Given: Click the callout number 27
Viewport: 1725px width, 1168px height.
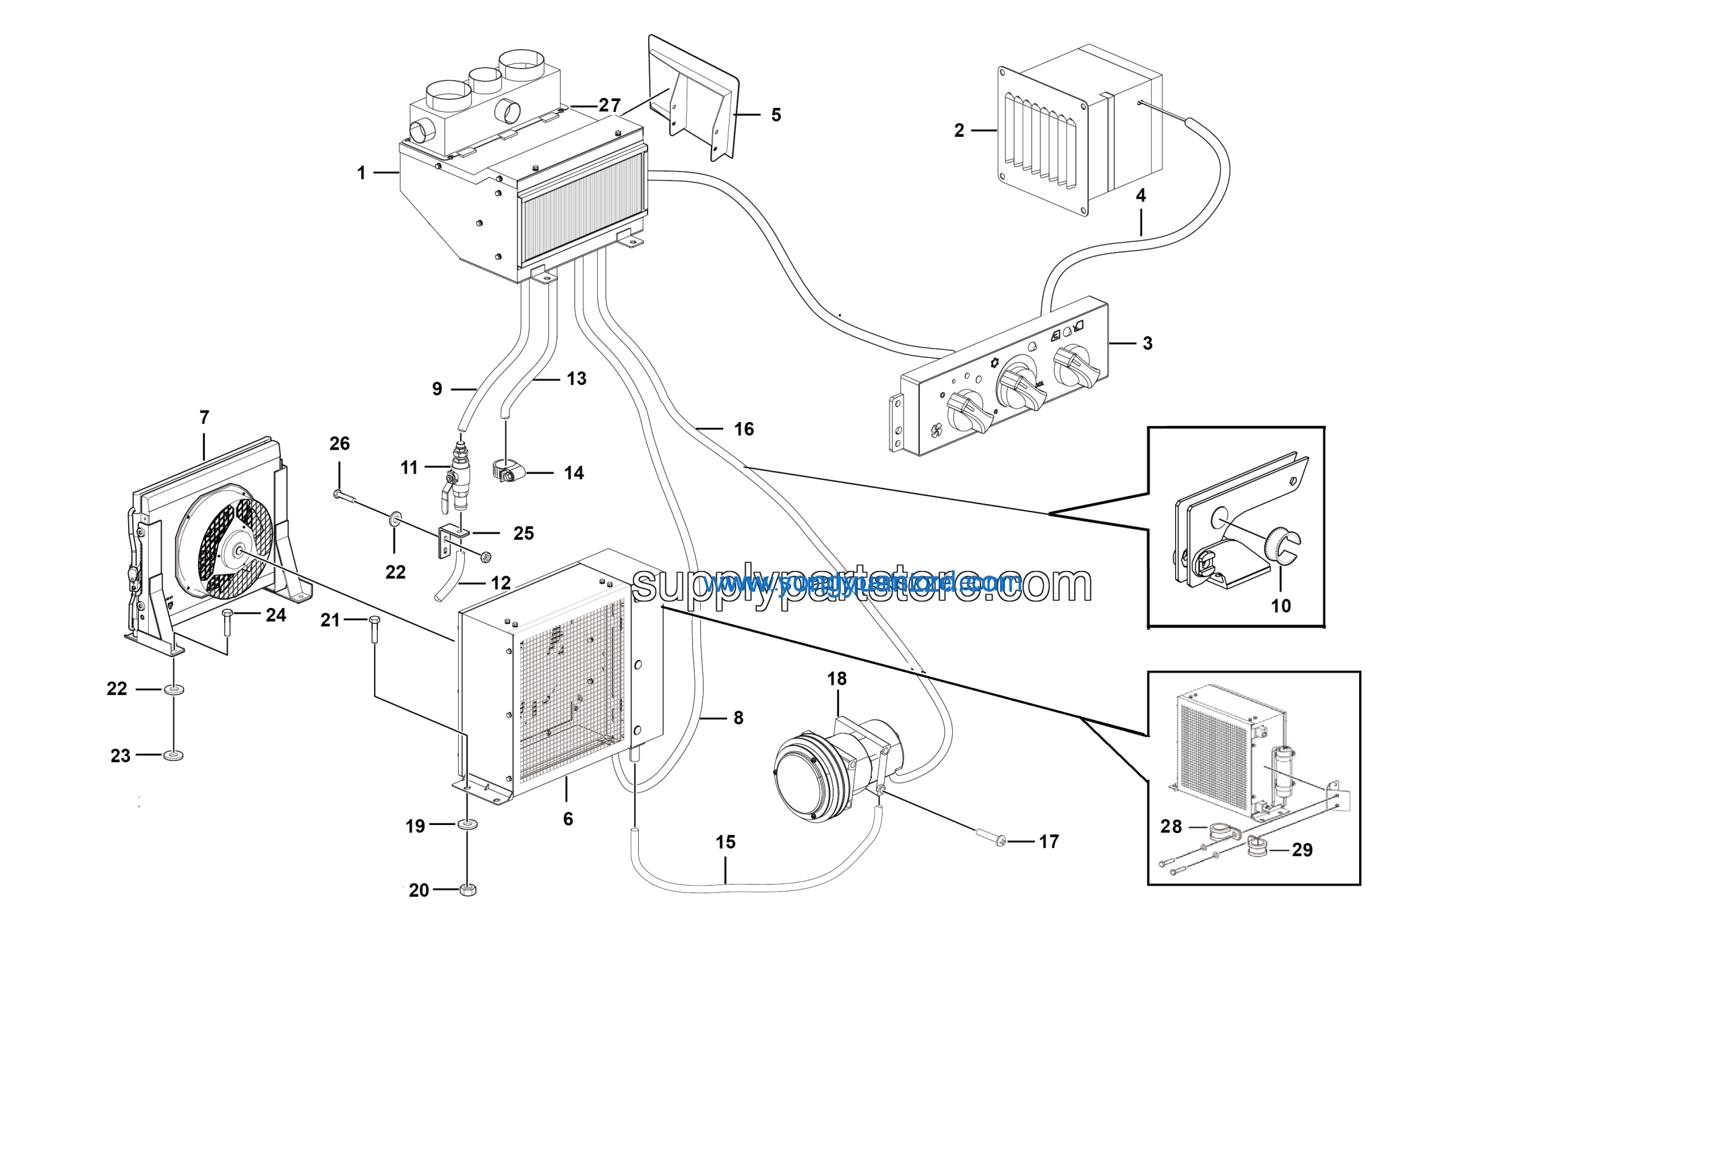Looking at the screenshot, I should point(609,105).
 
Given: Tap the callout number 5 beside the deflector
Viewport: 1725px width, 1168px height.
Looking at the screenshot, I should point(776,115).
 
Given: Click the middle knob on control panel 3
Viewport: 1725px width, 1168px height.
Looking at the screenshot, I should point(1018,379).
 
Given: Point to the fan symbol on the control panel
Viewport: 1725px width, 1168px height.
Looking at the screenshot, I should point(937,430).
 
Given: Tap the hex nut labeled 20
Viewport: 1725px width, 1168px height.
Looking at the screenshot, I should point(468,889).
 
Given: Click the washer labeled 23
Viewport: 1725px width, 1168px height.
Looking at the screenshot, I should point(173,755).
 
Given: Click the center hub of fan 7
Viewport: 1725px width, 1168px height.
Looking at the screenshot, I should point(239,550).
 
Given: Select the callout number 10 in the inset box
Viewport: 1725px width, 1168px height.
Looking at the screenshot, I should point(1280,606).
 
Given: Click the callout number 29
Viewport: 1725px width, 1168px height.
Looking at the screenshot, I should point(1302,850).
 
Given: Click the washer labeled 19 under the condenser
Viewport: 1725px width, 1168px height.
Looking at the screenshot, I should point(468,824).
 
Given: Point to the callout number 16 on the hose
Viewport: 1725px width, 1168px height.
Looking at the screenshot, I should point(744,429).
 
